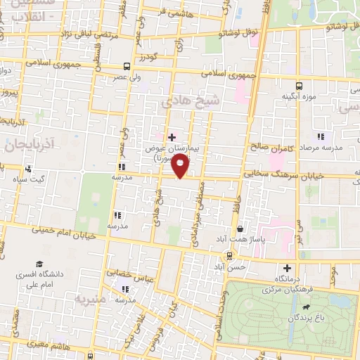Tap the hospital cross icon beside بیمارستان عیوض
pyautogui.click(x=171, y=136)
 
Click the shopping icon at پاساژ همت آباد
pyautogui.click(x=240, y=229)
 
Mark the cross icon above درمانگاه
pyautogui.click(x=287, y=267)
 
